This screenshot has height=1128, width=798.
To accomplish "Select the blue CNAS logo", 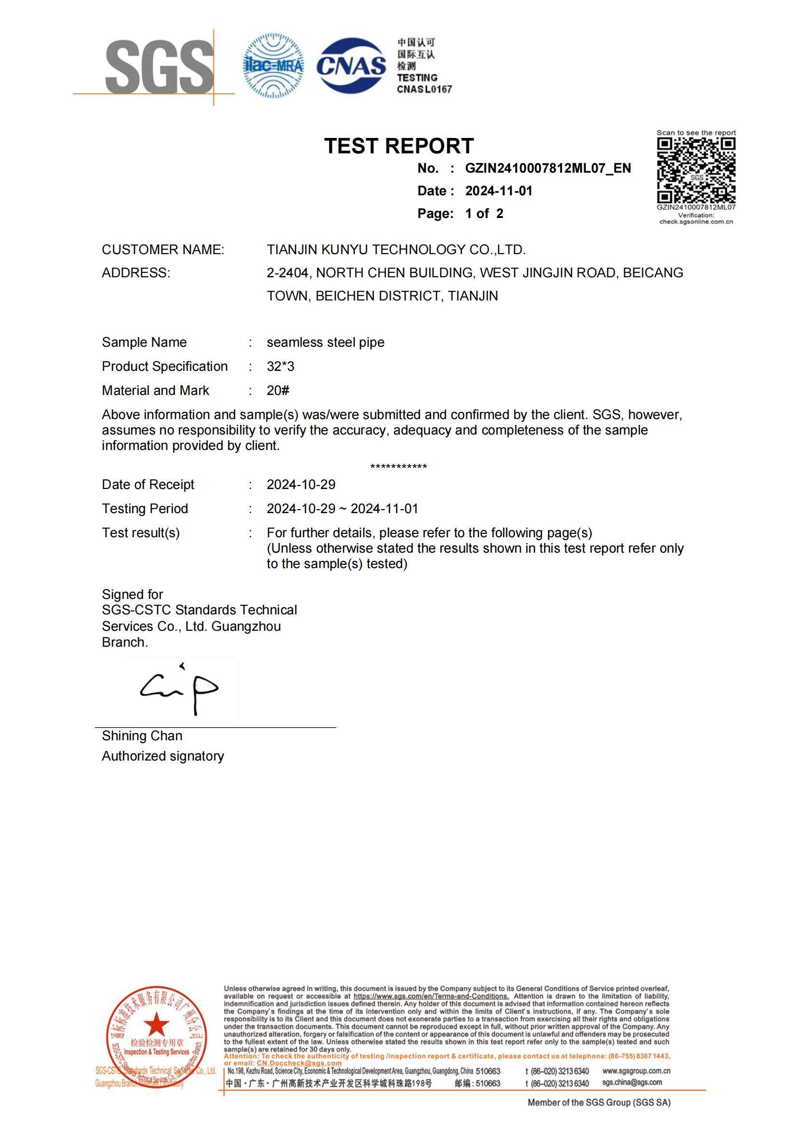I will click(351, 65).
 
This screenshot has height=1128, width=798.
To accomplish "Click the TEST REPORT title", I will click(399, 146).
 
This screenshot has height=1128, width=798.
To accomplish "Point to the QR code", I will click(696, 170).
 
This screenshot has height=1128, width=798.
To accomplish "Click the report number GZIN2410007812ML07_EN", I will click(548, 168).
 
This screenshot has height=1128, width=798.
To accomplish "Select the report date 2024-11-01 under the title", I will click(499, 191).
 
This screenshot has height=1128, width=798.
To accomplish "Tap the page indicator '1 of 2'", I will click(484, 214).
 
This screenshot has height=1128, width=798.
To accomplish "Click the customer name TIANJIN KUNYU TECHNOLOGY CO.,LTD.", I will click(396, 250).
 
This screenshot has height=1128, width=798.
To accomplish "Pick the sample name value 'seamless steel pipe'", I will click(325, 342).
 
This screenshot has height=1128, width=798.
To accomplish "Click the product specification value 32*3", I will click(281, 367).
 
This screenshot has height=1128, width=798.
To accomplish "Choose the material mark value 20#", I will click(278, 391).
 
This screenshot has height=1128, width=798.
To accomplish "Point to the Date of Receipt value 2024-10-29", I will click(301, 485).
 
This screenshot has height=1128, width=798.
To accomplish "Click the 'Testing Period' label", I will click(145, 509).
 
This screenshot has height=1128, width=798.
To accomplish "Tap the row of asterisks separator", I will click(399, 467).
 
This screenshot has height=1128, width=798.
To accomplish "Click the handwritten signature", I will click(179, 689).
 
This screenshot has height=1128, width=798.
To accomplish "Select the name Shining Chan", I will click(142, 736).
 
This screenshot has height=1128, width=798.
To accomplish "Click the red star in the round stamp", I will click(157, 1024).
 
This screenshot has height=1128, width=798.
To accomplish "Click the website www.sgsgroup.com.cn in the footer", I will click(636, 1071).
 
